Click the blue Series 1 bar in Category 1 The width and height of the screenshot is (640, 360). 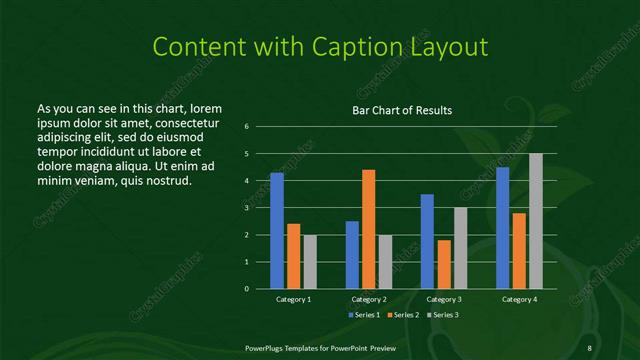tap(277, 231)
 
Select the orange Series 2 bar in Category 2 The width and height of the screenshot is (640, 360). tap(368, 229)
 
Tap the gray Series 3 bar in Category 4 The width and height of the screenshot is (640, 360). tap(535, 221)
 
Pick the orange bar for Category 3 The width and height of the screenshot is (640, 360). tap(443, 264)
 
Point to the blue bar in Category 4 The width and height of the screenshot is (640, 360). tap(502, 228)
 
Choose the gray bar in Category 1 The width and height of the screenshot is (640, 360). tap(310, 262)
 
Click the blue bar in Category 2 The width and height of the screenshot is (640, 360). tap(352, 255)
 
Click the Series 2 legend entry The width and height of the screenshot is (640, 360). tap(404, 315)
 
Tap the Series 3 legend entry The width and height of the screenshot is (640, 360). tap(444, 315)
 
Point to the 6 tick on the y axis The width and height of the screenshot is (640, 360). tap(246, 127)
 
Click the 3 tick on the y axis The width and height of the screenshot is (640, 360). tap(246, 208)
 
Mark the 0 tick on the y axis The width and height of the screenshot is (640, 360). tap(246, 288)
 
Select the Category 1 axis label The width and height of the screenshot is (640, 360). tap(294, 299)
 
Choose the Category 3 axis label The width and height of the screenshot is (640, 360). tap(443, 299)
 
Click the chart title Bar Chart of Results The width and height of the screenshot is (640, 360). tap(402, 110)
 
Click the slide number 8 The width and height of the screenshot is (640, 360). tap(590, 346)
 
